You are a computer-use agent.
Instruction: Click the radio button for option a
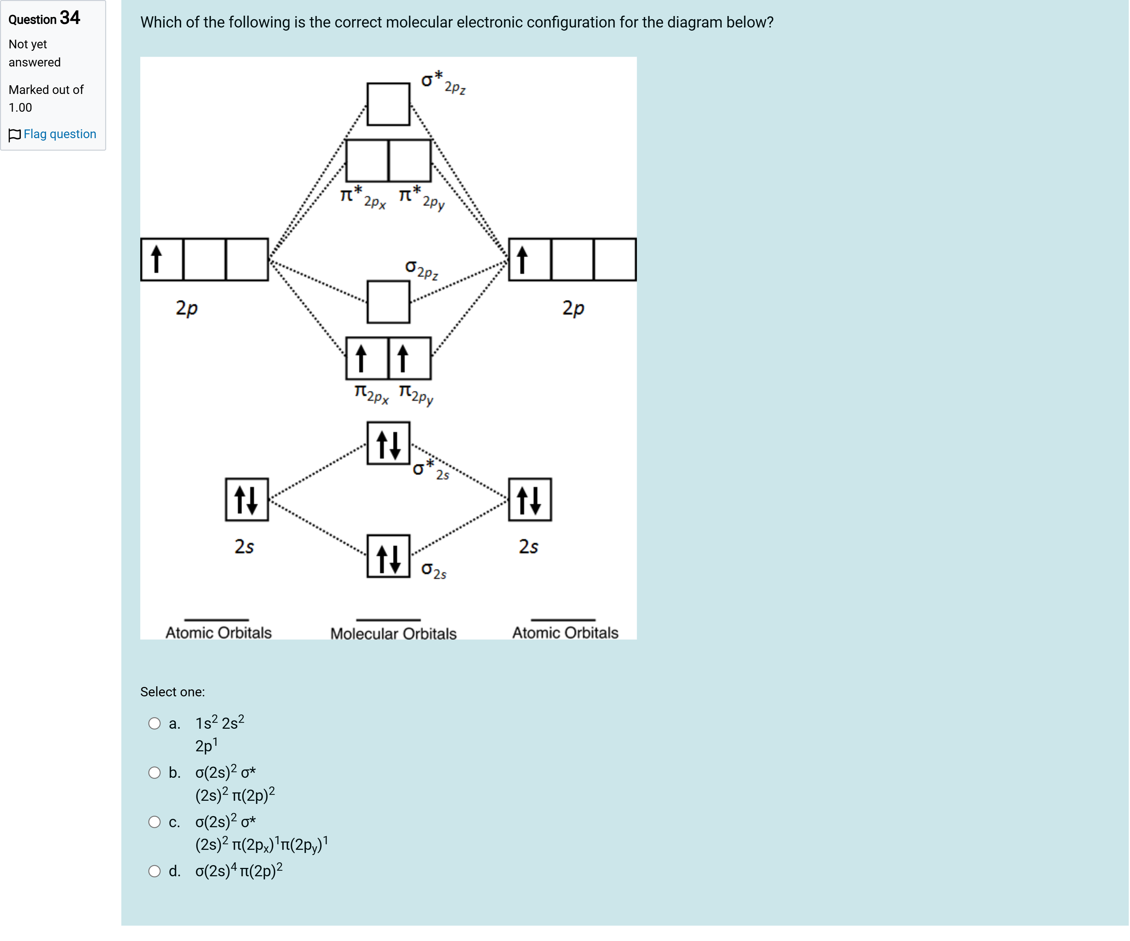coord(155,723)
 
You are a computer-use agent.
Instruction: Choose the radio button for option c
coord(155,822)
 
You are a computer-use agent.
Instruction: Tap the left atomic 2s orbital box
coord(246,499)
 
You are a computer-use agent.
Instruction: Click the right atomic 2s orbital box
coord(529,499)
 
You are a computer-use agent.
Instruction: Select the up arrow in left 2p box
coord(157,259)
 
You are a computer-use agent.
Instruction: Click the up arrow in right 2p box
coord(522,259)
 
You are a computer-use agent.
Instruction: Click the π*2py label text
coord(422,197)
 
